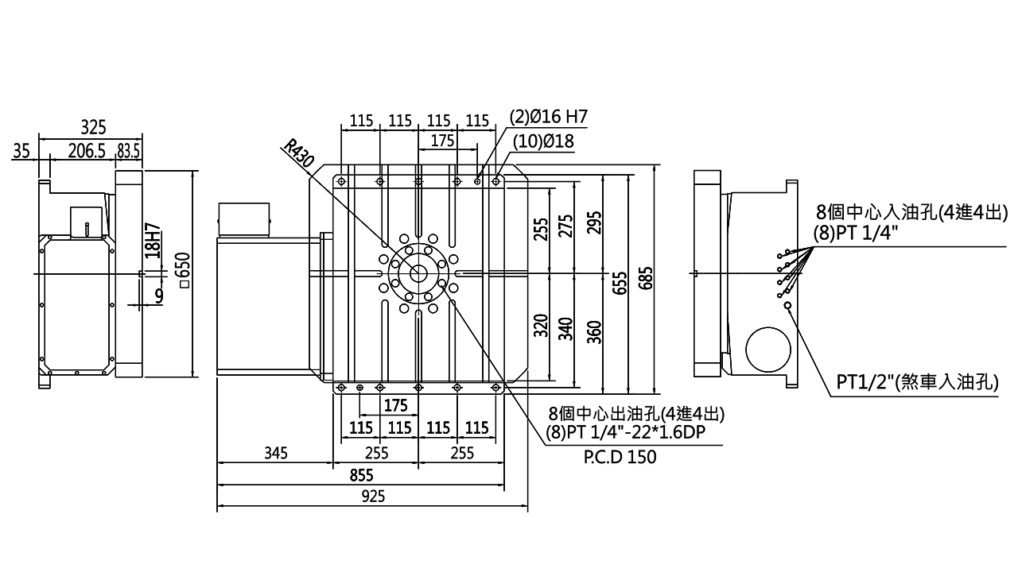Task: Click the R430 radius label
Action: point(299,153)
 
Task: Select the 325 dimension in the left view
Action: point(93,126)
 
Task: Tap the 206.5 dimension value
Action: point(87,151)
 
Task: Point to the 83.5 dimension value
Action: point(128,151)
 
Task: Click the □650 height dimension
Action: point(184,271)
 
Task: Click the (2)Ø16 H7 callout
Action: point(548,118)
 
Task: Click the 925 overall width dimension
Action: point(372,497)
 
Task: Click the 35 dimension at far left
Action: point(21,151)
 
